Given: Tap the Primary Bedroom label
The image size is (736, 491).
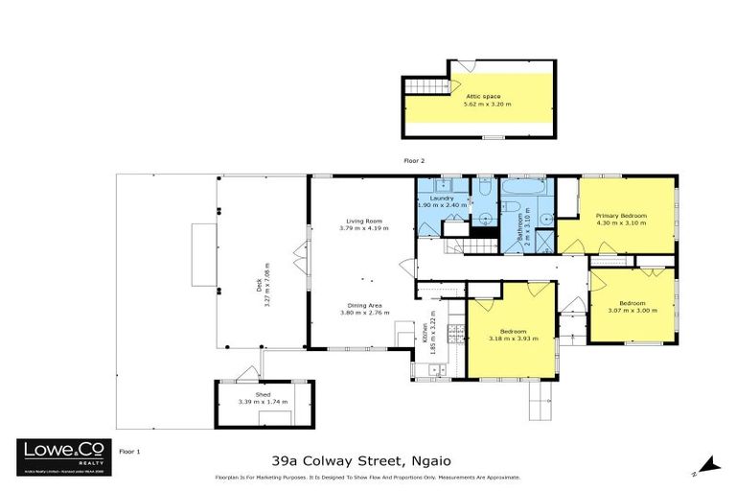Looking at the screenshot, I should [621, 216].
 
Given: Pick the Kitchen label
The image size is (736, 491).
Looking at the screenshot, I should [425, 335].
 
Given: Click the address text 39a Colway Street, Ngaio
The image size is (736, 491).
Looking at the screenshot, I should [367, 459].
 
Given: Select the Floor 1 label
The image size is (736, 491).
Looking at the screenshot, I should [129, 450].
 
